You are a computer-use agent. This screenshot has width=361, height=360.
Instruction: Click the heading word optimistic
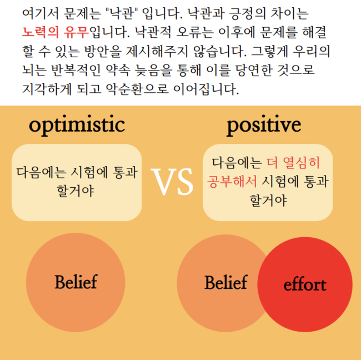tap(77, 126)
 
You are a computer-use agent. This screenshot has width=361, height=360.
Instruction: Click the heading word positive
tap(264, 126)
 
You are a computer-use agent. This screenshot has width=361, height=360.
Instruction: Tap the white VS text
tap(172, 182)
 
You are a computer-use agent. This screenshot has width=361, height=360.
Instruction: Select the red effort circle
tap(305, 284)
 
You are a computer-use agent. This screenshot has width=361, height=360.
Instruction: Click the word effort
tap(305, 284)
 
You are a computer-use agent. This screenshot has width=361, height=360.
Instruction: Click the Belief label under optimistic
tap(76, 282)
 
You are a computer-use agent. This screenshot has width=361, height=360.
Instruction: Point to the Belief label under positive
tap(226, 282)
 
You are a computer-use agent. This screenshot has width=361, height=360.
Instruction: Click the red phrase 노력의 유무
tap(56, 32)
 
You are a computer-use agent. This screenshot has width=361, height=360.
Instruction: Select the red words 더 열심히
tap(293, 163)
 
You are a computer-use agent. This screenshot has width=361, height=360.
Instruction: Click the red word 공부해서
tap(232, 182)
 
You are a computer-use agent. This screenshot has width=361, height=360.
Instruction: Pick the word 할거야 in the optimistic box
tap(76, 191)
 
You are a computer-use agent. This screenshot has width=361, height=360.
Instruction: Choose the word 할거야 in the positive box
tap(268, 201)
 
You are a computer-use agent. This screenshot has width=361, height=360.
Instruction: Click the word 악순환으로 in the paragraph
tap(137, 89)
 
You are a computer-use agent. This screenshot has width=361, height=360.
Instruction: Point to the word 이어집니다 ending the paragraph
tap(206, 89)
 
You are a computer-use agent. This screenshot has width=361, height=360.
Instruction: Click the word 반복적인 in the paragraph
tap(76, 70)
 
